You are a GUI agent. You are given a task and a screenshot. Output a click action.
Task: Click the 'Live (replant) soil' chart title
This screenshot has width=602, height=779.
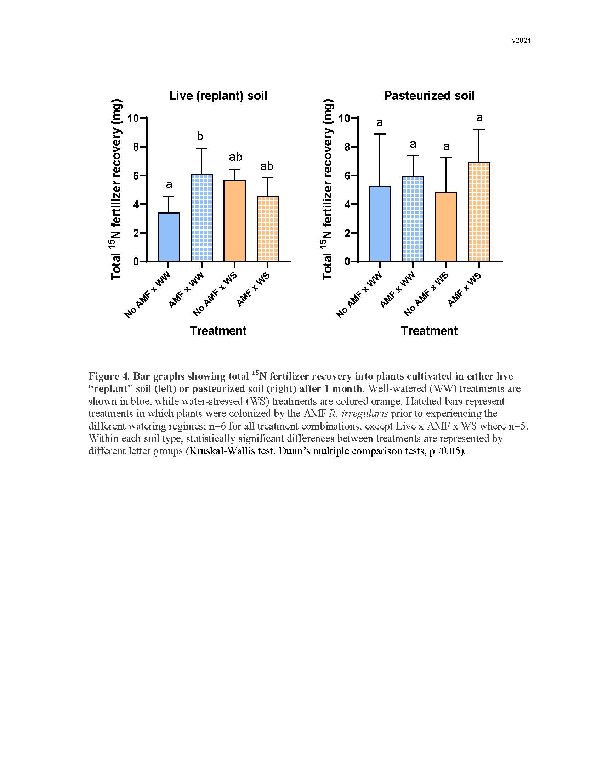[x=218, y=96]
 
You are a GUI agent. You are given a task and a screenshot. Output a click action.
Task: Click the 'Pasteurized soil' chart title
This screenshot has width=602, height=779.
[x=429, y=96]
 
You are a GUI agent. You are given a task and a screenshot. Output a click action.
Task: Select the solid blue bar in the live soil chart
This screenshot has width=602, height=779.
[x=169, y=237]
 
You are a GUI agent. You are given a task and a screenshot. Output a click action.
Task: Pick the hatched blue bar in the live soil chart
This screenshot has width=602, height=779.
[x=201, y=217]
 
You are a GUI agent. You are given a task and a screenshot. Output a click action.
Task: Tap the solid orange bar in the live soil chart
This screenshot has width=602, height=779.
[x=235, y=221]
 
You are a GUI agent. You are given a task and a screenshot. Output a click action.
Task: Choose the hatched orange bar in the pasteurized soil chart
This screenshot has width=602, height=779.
[x=479, y=212]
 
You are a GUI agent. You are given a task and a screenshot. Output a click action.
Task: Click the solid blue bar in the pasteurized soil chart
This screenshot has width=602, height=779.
[x=380, y=224]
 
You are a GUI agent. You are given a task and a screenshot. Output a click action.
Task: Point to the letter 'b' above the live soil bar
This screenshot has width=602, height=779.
[x=200, y=136]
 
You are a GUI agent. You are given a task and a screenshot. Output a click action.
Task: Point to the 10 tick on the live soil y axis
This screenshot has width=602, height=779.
[x=134, y=118]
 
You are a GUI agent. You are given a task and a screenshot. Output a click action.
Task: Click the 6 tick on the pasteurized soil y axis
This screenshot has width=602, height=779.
[x=345, y=176]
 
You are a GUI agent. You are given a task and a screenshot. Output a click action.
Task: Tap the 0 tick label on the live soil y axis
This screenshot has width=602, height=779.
[x=136, y=262]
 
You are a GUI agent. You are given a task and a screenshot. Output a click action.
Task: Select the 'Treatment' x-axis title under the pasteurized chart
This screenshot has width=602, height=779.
[x=429, y=331]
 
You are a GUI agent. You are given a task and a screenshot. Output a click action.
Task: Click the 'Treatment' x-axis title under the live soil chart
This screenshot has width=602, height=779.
[x=218, y=331]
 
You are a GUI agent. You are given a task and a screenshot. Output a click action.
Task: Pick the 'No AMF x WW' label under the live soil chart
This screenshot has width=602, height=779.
[x=148, y=295]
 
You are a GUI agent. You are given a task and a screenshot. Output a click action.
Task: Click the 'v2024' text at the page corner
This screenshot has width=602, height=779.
[x=521, y=41]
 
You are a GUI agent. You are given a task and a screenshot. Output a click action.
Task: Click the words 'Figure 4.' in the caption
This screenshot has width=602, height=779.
[x=109, y=376]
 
